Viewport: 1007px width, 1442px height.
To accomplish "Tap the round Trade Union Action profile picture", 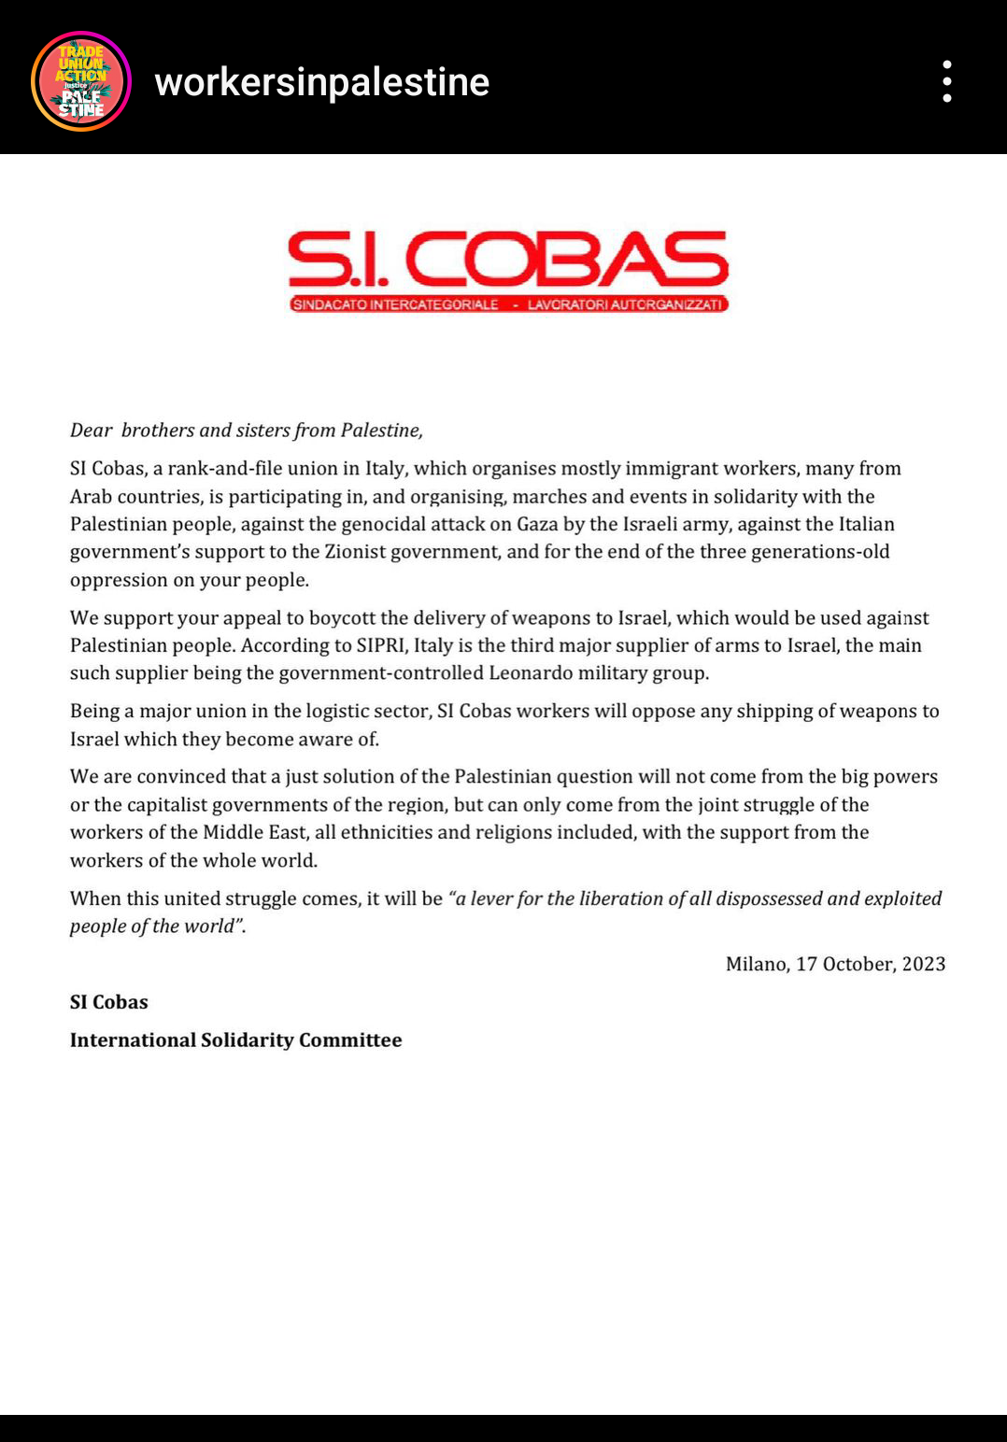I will coord(81,81).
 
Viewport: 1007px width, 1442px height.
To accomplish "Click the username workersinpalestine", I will coord(321,82).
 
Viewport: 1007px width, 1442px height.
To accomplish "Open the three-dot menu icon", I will coord(947,81).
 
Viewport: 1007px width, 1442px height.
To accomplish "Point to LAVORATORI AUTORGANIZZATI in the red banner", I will coord(625,304).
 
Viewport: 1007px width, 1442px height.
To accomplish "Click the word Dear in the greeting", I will coord(92,431).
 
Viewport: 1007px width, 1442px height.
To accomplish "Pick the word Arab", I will coord(91,497).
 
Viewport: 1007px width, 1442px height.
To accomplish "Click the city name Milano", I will coord(756,965).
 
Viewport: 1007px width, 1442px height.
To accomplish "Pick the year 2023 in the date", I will coord(924,965).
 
